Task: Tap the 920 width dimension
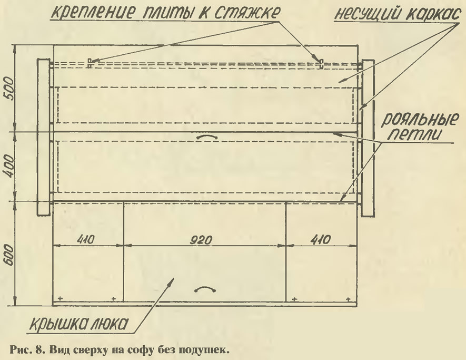(201, 240)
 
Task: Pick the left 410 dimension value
(86, 240)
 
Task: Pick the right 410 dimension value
(321, 240)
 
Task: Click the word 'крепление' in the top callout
(91, 13)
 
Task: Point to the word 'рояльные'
(419, 120)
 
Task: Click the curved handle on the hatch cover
(205, 289)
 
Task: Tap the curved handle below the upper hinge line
(207, 136)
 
